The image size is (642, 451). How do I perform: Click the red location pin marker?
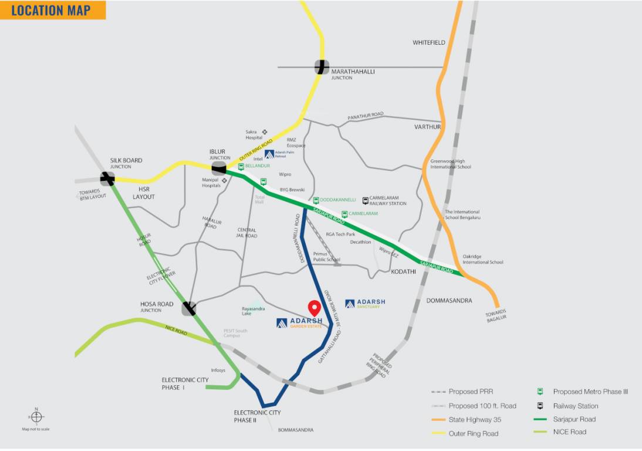click(x=314, y=308)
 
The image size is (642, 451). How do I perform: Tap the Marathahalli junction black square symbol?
click(x=322, y=67)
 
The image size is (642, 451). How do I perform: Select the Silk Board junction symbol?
click(x=107, y=178)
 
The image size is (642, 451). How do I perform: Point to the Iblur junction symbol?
click(x=219, y=169)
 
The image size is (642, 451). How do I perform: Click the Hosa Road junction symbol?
click(x=189, y=308)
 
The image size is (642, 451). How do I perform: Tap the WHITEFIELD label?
click(x=428, y=43)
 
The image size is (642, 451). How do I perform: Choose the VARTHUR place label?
click(x=427, y=127)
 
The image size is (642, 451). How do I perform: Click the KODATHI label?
click(x=403, y=272)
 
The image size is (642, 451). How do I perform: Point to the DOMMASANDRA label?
click(x=449, y=301)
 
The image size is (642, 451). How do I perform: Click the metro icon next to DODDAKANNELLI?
click(x=316, y=200)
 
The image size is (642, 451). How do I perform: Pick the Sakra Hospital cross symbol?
click(x=265, y=132)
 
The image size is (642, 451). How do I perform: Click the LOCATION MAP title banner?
click(x=53, y=10)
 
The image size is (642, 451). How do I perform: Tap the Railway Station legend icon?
click(x=540, y=406)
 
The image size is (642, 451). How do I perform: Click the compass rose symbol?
click(x=36, y=417)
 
